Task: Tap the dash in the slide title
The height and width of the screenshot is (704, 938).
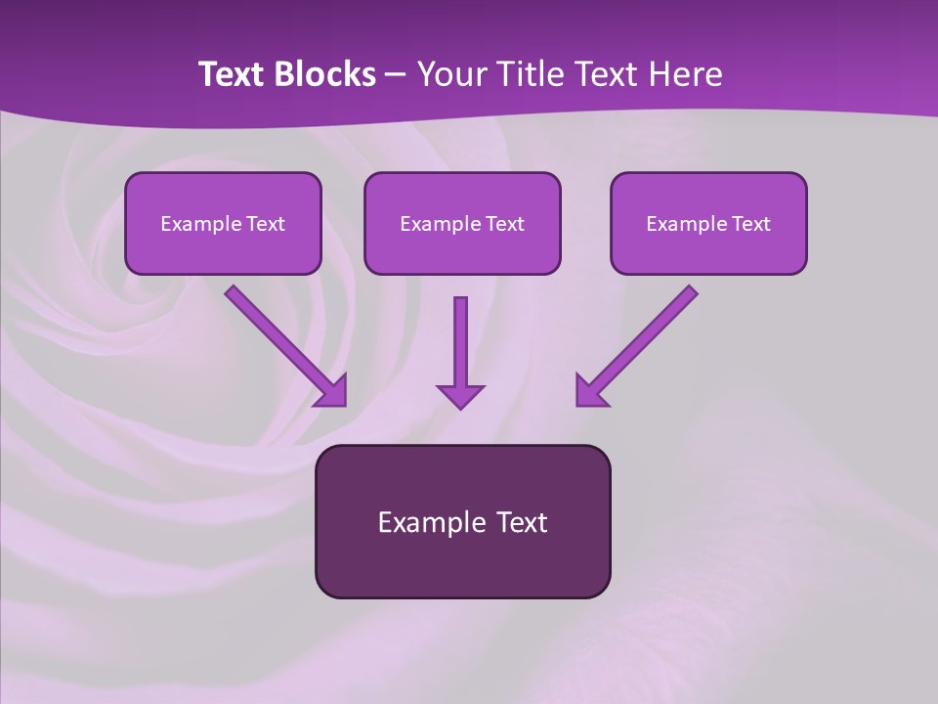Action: [x=396, y=75]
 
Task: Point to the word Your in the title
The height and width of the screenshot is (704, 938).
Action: [x=451, y=74]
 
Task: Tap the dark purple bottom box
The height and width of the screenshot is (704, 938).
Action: [x=462, y=567]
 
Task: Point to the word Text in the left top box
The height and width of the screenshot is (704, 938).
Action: [x=266, y=224]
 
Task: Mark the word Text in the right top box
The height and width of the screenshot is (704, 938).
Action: [x=751, y=224]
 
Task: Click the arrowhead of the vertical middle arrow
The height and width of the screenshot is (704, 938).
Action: [x=460, y=395]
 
